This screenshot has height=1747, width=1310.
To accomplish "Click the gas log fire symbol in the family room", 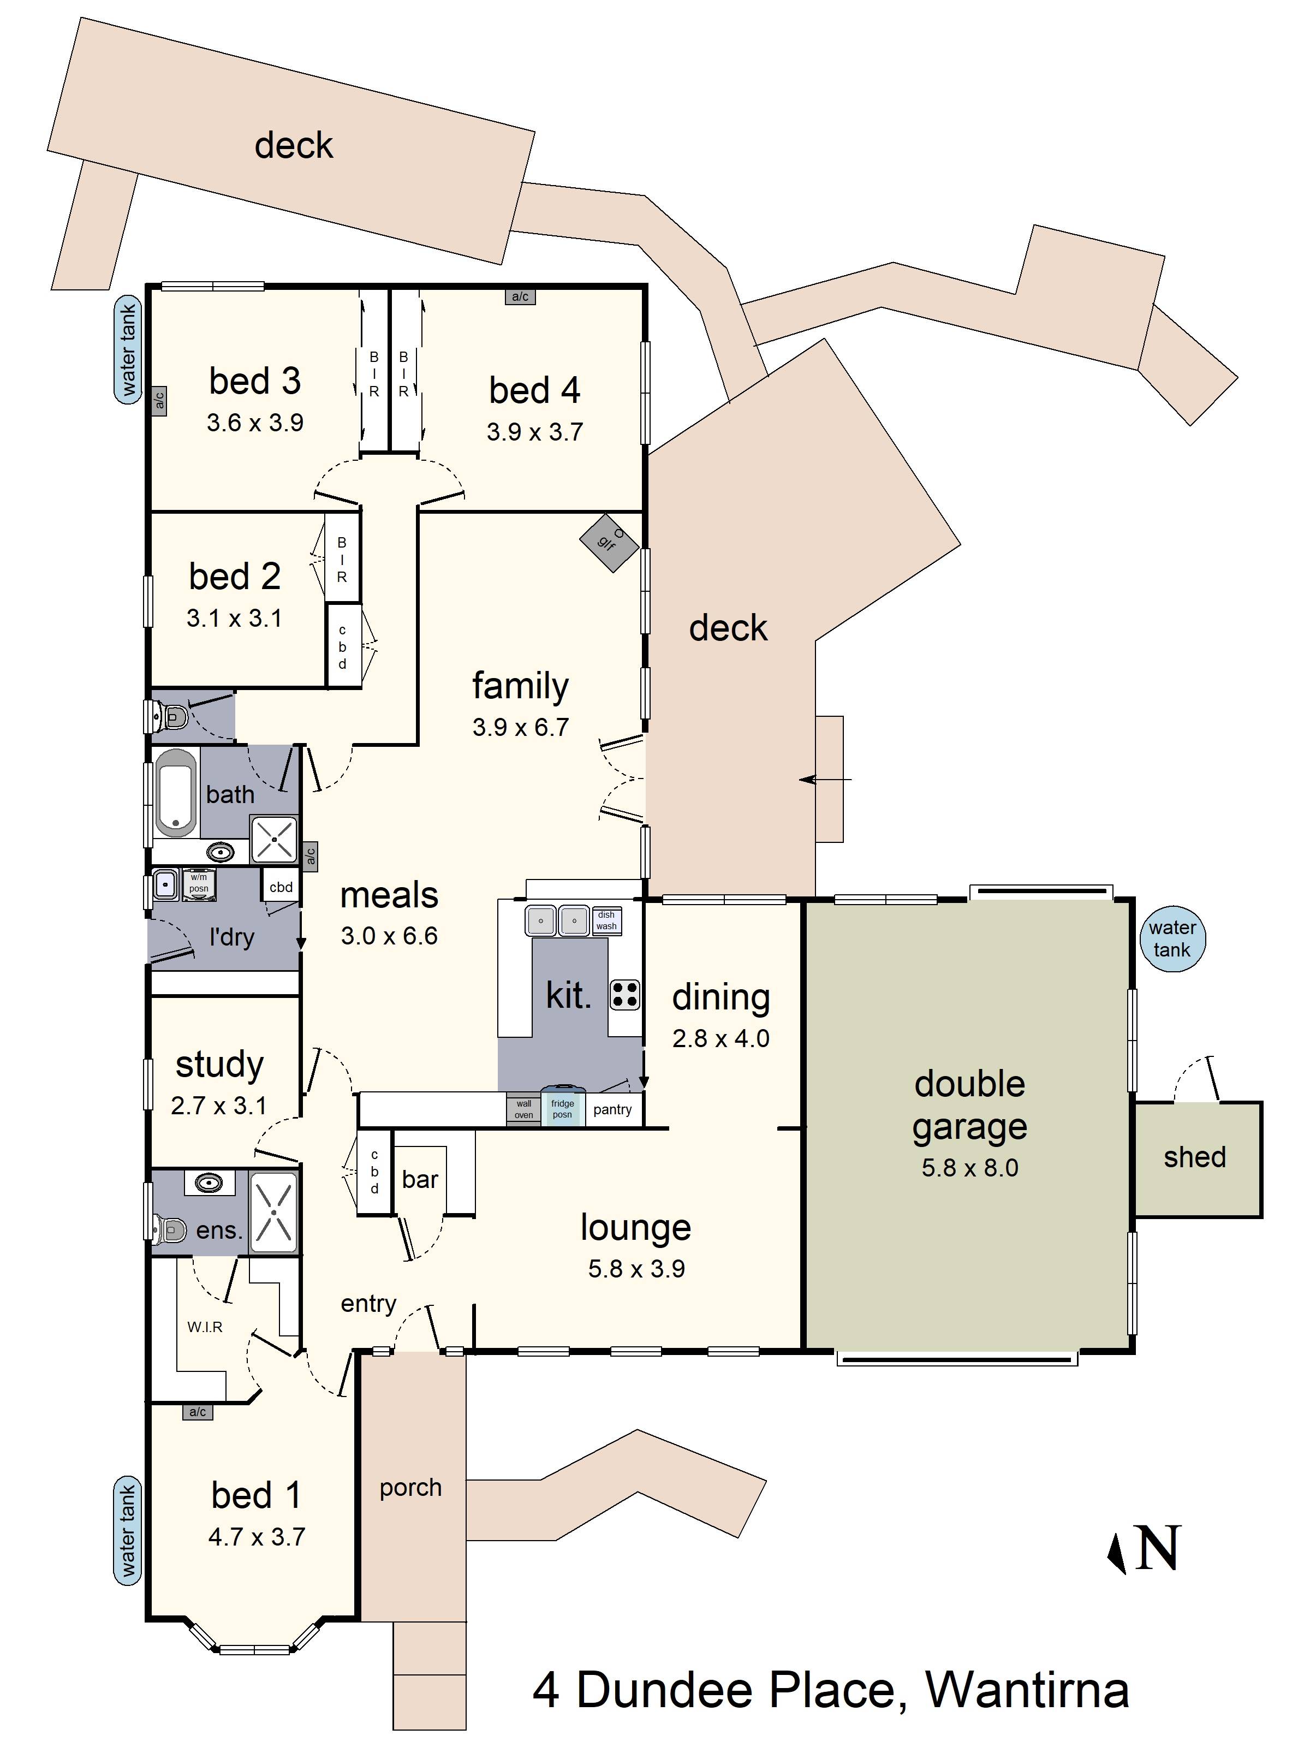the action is [x=609, y=543].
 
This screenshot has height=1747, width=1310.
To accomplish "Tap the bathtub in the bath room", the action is [x=175, y=793].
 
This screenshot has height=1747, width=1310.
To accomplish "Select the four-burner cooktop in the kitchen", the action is [x=624, y=994].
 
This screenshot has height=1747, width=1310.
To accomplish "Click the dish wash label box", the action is [x=606, y=920].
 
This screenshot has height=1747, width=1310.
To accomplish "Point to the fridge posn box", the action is [x=562, y=1108].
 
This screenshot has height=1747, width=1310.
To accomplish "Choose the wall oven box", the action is [x=523, y=1109].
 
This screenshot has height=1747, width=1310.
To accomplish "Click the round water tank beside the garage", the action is [x=1172, y=938].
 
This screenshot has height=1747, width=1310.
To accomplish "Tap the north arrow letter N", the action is [x=1158, y=1548].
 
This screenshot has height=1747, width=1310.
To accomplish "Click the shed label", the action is [x=1195, y=1157].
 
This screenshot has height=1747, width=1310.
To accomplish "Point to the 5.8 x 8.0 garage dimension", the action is [x=969, y=1167].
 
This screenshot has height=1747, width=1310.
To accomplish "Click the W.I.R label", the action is [x=205, y=1327].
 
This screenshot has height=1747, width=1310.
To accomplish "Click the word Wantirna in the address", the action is [x=1027, y=1690].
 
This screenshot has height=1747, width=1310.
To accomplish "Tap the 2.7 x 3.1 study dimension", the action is [x=219, y=1106].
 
